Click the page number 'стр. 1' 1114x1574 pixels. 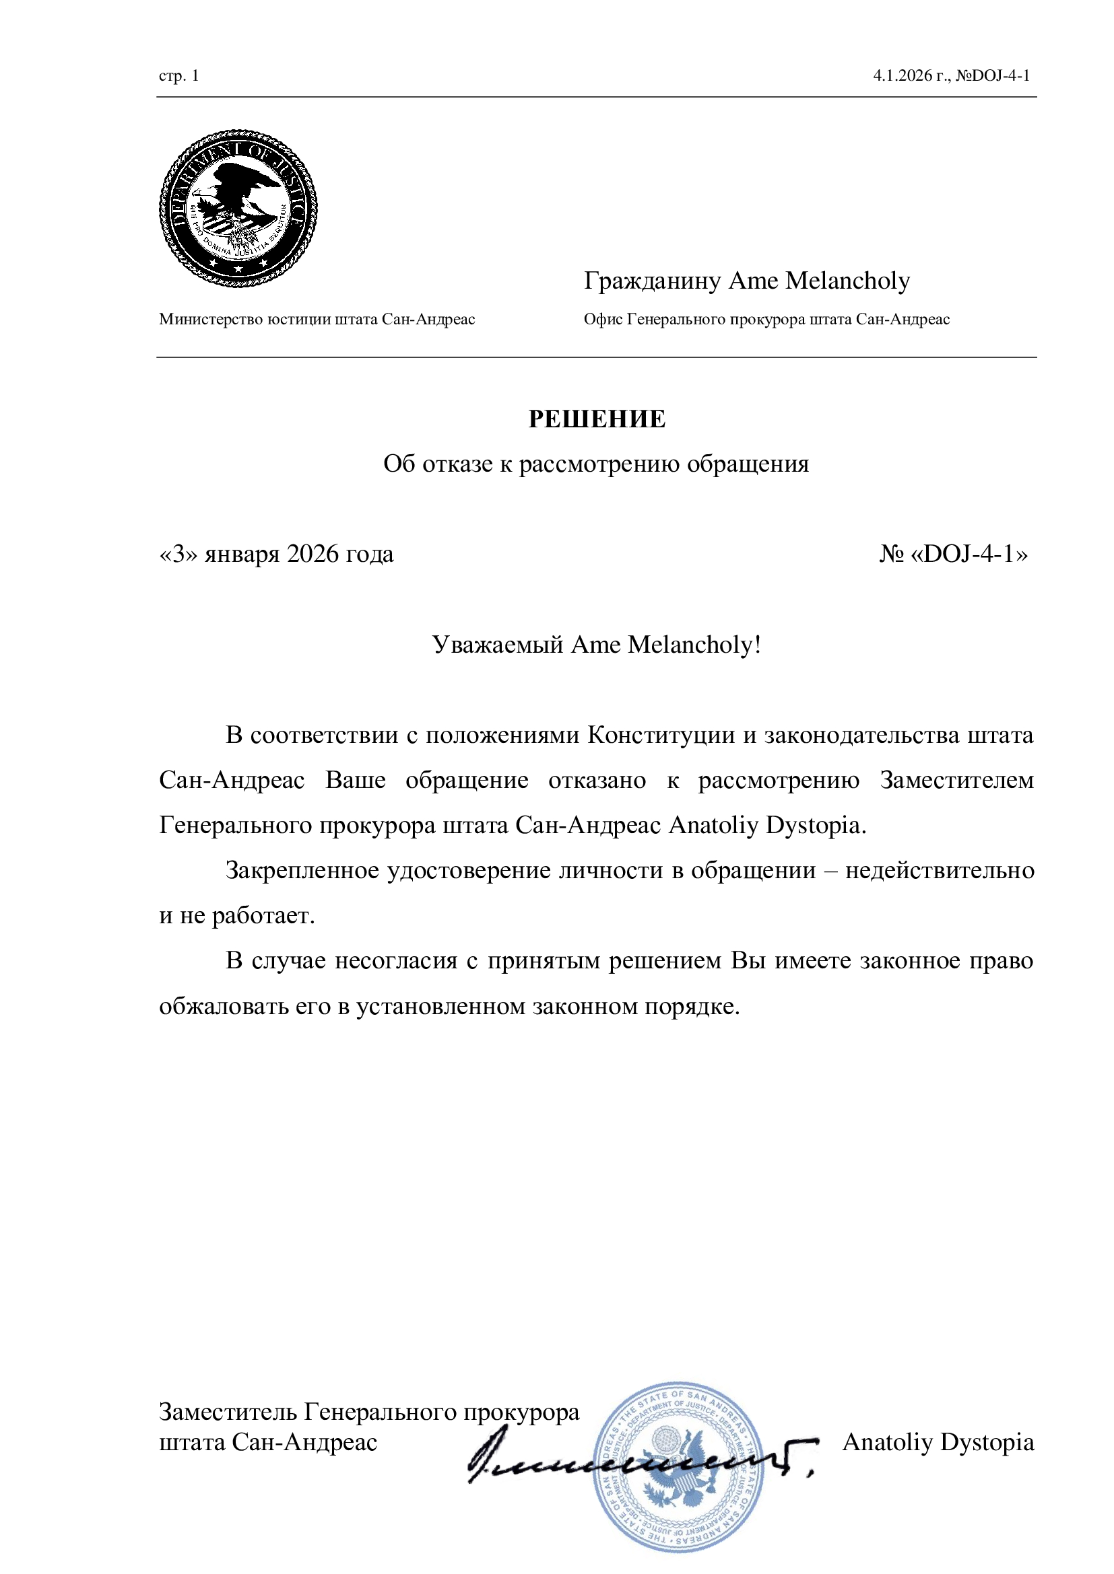tap(178, 75)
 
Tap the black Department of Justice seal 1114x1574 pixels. tap(238, 208)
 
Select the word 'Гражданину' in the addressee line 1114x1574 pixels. tap(653, 281)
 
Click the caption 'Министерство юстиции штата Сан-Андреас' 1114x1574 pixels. tap(317, 320)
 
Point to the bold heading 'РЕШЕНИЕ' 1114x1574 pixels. tap(597, 419)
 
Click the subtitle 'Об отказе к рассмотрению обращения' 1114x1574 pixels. tap(596, 464)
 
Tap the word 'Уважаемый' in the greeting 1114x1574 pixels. tap(498, 645)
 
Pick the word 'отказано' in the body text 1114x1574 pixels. tap(597, 781)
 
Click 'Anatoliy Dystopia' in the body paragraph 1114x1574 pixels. tap(766, 826)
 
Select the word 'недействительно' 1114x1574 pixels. tap(939, 871)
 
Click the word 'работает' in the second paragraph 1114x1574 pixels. tap(263, 916)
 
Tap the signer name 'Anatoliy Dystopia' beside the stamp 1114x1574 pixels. tap(938, 1442)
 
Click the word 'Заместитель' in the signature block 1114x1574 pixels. tap(228, 1412)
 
